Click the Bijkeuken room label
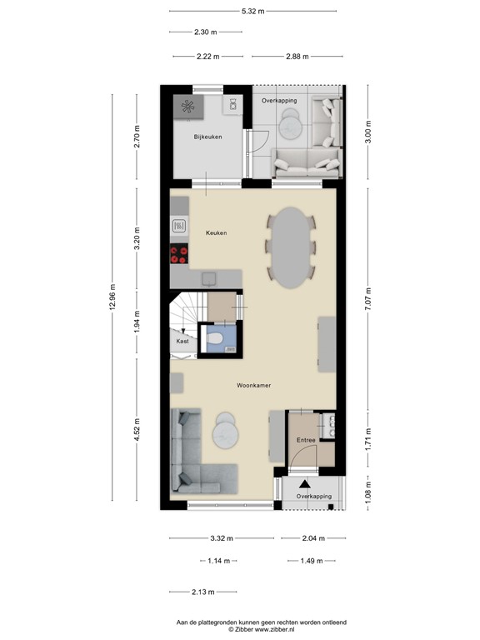pos(207,137)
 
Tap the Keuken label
pos(217,232)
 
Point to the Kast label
pos(182,342)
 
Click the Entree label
pos(304,440)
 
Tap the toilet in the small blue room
pos(217,338)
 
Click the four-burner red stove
pos(179,254)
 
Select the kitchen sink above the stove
pos(179,225)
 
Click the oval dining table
pos(290,247)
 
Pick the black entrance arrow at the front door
pos(304,482)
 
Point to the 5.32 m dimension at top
pos(252,11)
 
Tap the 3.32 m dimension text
pos(221,538)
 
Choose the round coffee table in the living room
pos(225,429)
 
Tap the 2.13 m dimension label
pos(203,592)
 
